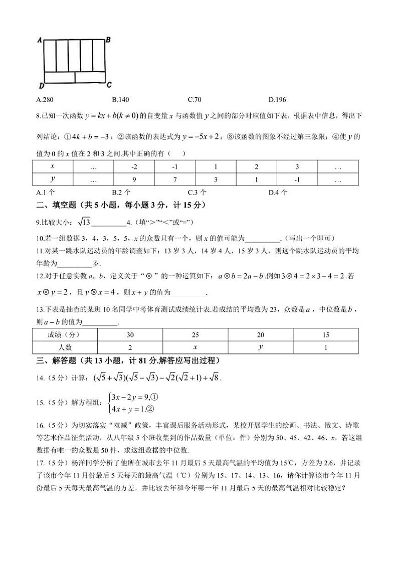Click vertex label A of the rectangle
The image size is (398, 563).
pyautogui.click(x=39, y=40)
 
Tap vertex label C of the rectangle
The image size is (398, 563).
pyautogui.click(x=109, y=84)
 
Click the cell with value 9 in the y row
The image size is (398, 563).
pyautogui.click(x=134, y=179)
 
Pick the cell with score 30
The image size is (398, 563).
pyautogui.click(x=130, y=335)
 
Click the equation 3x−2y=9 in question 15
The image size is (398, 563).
pyautogui.click(x=131, y=396)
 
